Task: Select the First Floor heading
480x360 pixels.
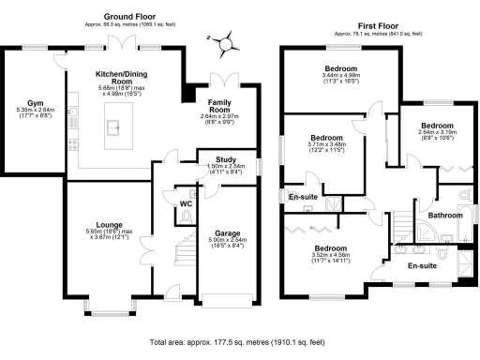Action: [370, 26]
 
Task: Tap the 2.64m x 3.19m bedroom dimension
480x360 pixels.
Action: [437, 136]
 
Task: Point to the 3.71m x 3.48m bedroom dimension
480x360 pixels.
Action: [326, 148]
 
